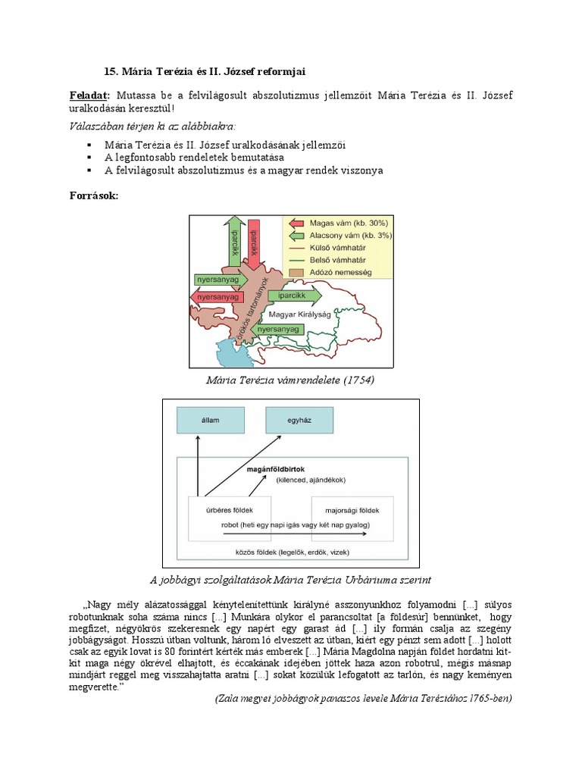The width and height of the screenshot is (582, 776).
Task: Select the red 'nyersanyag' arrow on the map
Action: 217,298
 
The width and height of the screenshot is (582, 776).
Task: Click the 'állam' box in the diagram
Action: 204,418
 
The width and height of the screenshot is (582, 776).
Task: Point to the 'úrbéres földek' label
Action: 230,510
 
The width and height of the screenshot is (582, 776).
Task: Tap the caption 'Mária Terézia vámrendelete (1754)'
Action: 290,379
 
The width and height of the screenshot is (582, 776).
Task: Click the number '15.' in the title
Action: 111,70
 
